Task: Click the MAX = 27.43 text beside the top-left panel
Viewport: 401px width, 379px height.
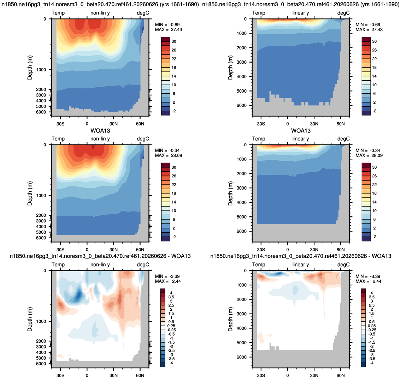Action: click(x=169, y=30)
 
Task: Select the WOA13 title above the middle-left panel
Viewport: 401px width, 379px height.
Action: click(x=100, y=130)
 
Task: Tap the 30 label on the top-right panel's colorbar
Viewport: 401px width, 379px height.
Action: click(x=375, y=41)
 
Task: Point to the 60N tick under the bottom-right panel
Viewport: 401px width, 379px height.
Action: click(x=341, y=375)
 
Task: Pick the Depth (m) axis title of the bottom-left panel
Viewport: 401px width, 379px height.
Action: click(x=30, y=319)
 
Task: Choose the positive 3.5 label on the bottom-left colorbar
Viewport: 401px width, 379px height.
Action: click(x=171, y=297)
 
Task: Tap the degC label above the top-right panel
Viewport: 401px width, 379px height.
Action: click(x=343, y=13)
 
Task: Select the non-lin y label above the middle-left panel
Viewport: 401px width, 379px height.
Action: click(x=100, y=139)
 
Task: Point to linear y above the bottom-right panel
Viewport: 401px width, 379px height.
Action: click(x=301, y=264)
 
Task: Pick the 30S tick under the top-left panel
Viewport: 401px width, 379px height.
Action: click(x=60, y=124)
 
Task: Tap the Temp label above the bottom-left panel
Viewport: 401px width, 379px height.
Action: click(x=58, y=264)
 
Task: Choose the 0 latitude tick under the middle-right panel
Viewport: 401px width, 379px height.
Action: click(x=288, y=250)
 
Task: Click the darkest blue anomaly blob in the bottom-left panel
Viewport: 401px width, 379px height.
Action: click(x=79, y=296)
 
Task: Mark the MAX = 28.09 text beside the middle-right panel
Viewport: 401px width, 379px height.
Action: click(x=369, y=156)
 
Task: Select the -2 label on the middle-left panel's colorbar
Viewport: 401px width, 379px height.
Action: click(x=173, y=237)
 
